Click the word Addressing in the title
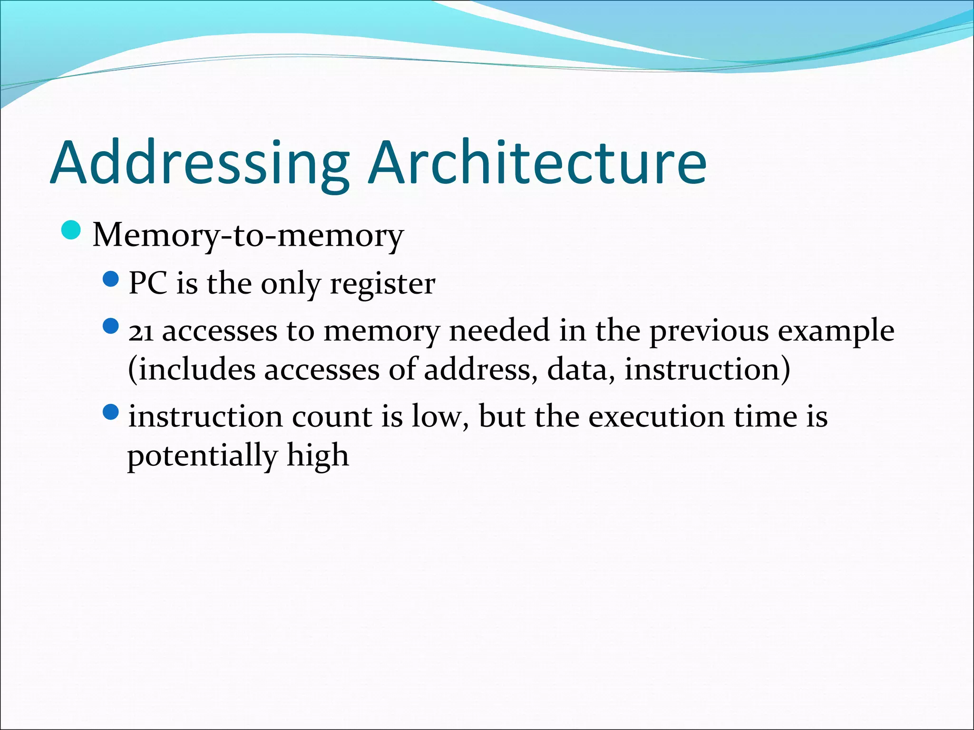click(x=200, y=164)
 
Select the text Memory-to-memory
click(x=248, y=235)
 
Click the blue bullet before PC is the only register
click(x=110, y=279)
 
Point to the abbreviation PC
click(x=147, y=284)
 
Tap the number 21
click(x=141, y=332)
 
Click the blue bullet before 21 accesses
click(x=110, y=326)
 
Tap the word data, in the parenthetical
click(x=578, y=370)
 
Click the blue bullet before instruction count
click(x=110, y=412)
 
